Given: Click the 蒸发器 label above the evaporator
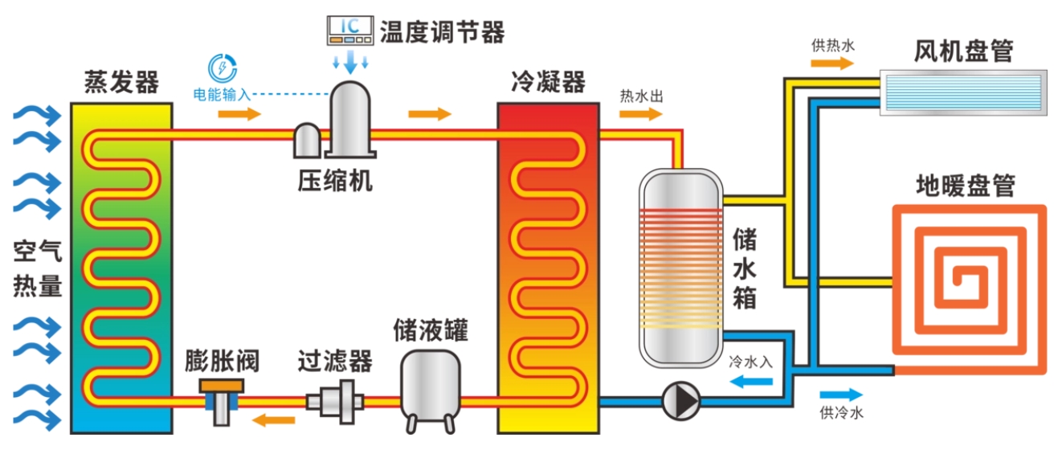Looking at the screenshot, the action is (121, 82).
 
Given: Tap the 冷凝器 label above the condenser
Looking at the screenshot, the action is (548, 82).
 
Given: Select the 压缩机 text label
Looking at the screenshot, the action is (335, 181).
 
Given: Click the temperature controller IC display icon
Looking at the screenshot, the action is (350, 31).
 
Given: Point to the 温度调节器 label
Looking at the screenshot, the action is (443, 32).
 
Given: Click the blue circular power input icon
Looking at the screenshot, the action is (223, 68).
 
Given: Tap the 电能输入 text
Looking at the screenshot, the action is (222, 94).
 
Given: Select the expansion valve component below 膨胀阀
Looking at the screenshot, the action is (222, 401).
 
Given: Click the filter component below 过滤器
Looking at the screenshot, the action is (335, 402).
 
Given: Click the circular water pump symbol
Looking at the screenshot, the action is (680, 401).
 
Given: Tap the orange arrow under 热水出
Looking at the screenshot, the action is (641, 114).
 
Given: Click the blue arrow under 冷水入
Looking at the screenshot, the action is (751, 382).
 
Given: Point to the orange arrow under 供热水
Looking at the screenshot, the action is (832, 63).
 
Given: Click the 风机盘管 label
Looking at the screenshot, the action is (963, 51).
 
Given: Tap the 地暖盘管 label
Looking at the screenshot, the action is (966, 186).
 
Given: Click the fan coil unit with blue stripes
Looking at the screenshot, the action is (963, 92).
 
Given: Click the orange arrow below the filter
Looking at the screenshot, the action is (274, 419).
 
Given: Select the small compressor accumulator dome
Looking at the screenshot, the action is (307, 141).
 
